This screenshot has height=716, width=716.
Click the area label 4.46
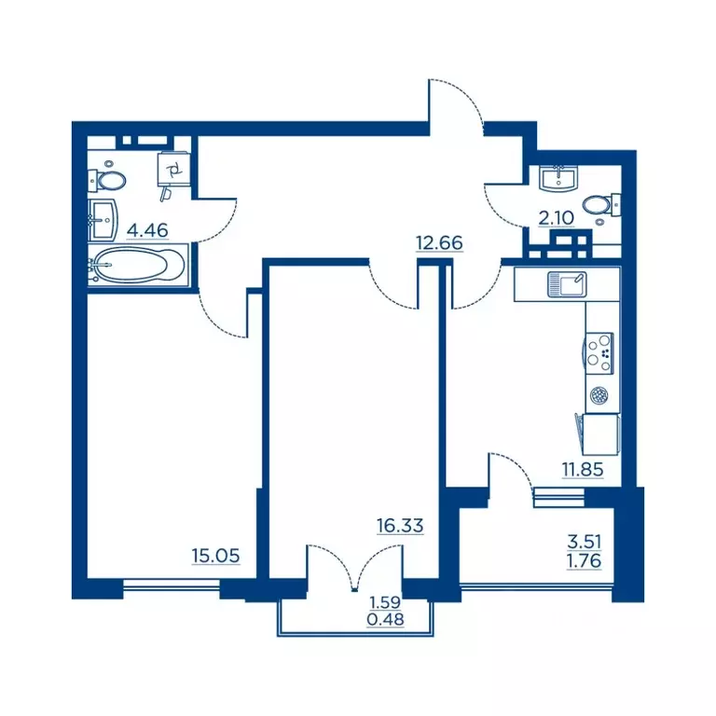pos(147,230)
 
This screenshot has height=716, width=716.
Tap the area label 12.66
pos(439,242)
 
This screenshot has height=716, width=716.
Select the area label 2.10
pos(556,218)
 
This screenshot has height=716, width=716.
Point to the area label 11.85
pos(583,469)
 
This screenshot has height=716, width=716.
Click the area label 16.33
pos(400,526)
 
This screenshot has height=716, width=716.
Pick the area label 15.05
pos(215,556)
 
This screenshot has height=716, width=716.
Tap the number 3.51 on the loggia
pos(584,542)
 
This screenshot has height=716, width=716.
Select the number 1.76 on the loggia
pos(584,560)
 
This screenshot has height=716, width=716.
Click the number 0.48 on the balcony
pos(385,620)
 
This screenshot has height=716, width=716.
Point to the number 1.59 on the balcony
pos(385,602)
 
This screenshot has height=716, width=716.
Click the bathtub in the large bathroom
pos(138,265)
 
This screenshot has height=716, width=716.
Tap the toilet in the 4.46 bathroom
pos(107,181)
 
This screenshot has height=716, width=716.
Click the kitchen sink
pos(567,284)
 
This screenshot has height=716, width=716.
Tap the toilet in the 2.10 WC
pos(602,205)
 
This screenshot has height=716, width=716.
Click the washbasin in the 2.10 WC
pos(559,179)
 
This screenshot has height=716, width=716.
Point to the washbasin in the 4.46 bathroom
pos(103,220)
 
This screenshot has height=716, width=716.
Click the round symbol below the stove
pos(599,395)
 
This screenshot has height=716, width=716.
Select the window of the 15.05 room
pos(172,585)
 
